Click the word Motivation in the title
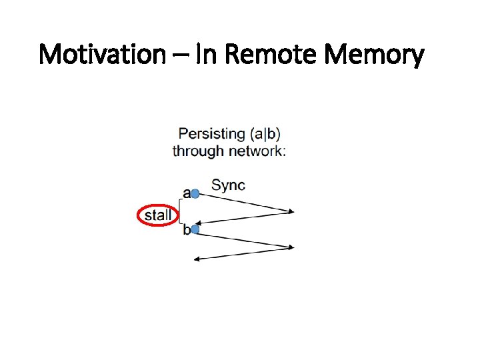(101, 54)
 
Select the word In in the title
(206, 54)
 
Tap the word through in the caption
(198, 151)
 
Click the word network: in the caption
(257, 151)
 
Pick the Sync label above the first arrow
(228, 185)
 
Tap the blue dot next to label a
(195, 194)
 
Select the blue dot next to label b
(195, 230)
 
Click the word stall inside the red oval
(158, 215)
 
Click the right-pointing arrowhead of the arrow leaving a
(290, 213)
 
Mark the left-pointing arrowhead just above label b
(198, 223)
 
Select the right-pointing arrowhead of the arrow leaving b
(290, 247)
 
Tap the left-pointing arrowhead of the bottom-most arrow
(197, 259)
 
